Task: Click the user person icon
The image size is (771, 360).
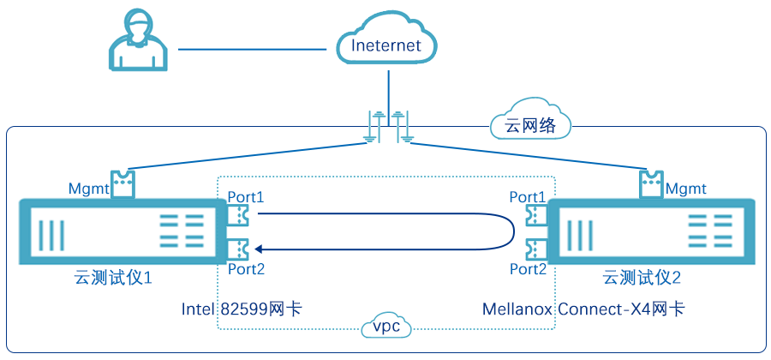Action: tap(138, 44)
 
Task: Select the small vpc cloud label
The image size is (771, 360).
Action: tap(384, 327)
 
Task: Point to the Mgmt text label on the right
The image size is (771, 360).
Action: tap(685, 188)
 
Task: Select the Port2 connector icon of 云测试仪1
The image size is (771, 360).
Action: tap(237, 249)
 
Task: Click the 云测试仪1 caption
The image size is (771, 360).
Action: tap(113, 278)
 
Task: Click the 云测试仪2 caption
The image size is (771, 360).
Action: tap(641, 278)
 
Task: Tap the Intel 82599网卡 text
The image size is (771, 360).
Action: tap(242, 309)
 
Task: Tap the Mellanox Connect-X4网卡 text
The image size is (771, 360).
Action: tap(583, 309)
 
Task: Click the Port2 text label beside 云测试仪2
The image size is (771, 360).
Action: tap(528, 269)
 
